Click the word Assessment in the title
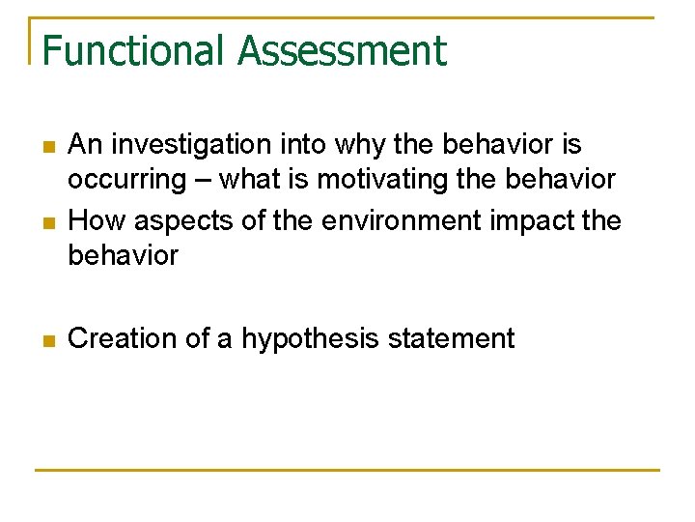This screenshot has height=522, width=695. point(343,50)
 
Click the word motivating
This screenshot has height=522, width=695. point(374,180)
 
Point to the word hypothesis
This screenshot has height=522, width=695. point(308,338)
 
